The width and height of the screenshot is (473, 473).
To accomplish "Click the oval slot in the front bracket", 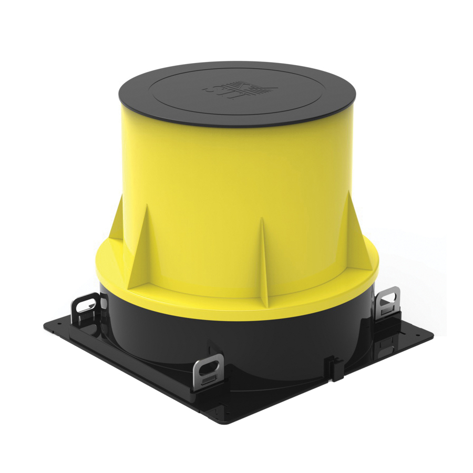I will (x=210, y=363).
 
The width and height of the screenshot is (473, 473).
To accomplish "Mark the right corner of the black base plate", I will (x=433, y=334).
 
